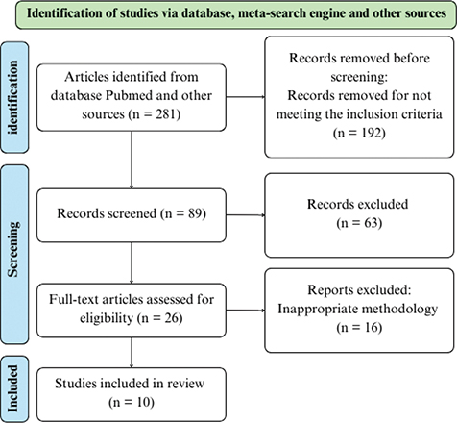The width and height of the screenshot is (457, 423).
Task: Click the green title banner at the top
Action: tap(236, 14)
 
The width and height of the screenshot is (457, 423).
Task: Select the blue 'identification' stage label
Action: tap(14, 97)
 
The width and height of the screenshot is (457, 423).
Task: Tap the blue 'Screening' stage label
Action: tap(14, 255)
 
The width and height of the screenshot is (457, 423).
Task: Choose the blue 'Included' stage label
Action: tap(14, 388)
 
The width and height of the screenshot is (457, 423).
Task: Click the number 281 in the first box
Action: tap(166, 114)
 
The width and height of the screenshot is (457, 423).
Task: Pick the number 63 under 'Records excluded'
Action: tap(372, 223)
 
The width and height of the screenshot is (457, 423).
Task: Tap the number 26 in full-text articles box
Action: tap(171, 318)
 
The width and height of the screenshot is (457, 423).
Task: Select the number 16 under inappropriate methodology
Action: tap(372, 327)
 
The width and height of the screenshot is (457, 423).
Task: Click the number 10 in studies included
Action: tap(143, 402)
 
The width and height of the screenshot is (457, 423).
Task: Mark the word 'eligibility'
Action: tap(107, 318)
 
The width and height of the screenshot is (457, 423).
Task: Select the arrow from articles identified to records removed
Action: tap(246, 97)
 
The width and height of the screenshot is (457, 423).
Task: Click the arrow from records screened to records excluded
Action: tap(246, 215)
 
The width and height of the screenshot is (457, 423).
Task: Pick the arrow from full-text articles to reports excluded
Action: tap(246, 311)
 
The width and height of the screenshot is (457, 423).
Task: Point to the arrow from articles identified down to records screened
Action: tap(132, 160)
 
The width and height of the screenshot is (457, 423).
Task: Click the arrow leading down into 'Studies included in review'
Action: tap(132, 353)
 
